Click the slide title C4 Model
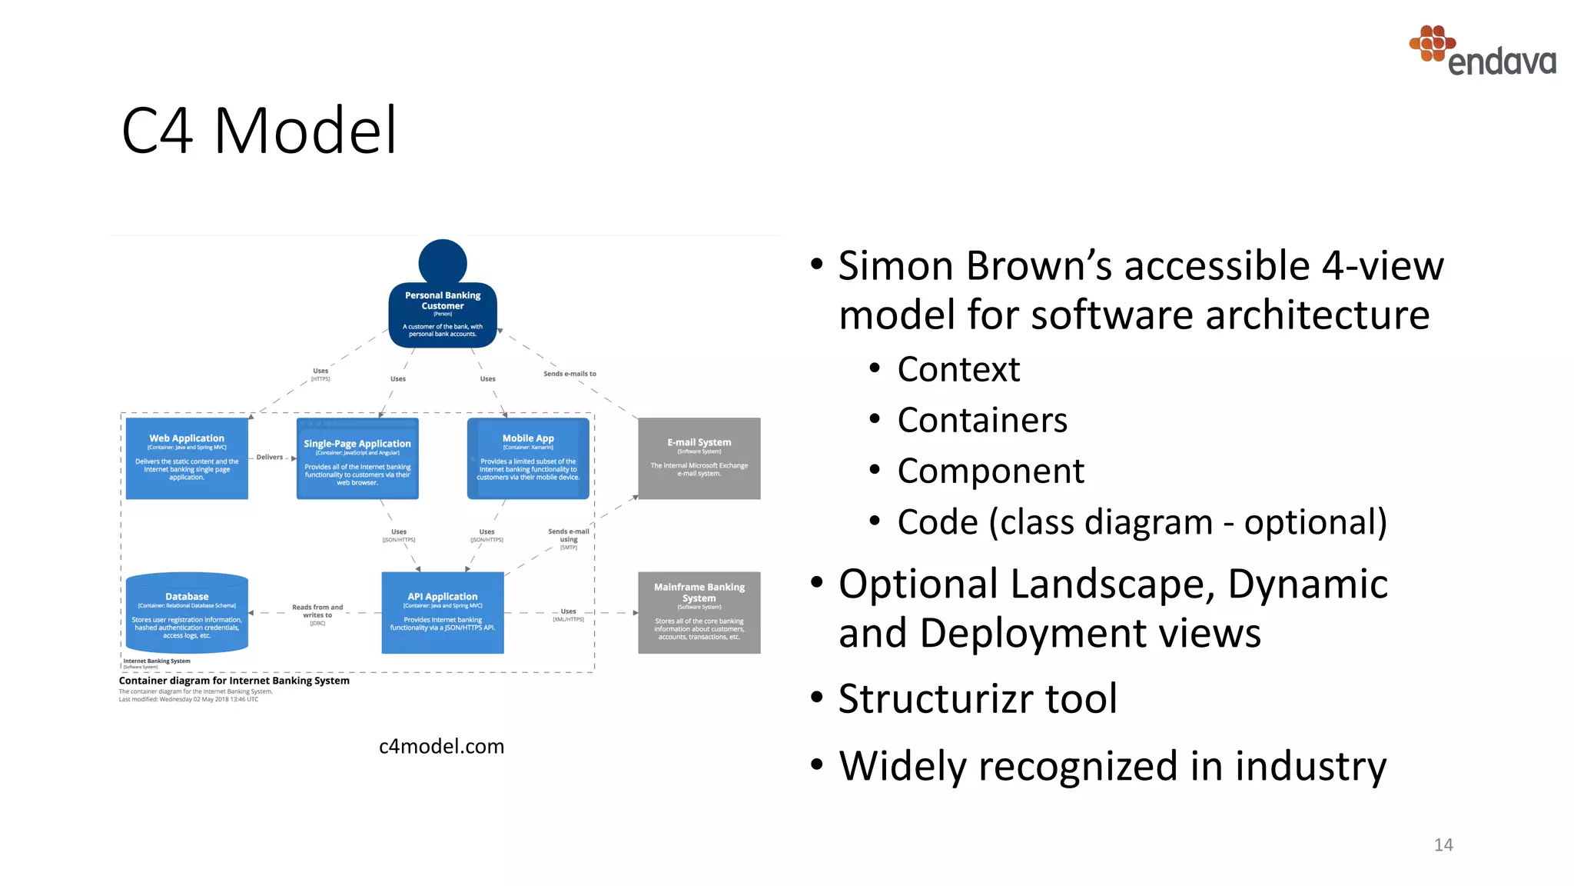coord(259,131)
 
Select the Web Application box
coord(187,458)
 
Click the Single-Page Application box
coord(357,459)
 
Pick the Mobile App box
coord(528,459)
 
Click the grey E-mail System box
coord(699,458)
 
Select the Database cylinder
coord(187,613)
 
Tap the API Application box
coord(443,613)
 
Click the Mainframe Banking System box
coord(699,613)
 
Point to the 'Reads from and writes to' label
coord(317,611)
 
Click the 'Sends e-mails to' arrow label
coord(569,374)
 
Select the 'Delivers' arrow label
coord(270,457)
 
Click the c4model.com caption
coord(441,746)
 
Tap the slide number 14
coord(1443,844)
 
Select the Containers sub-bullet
coord(981,420)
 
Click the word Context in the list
coord(958,369)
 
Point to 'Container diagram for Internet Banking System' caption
coord(234,681)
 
